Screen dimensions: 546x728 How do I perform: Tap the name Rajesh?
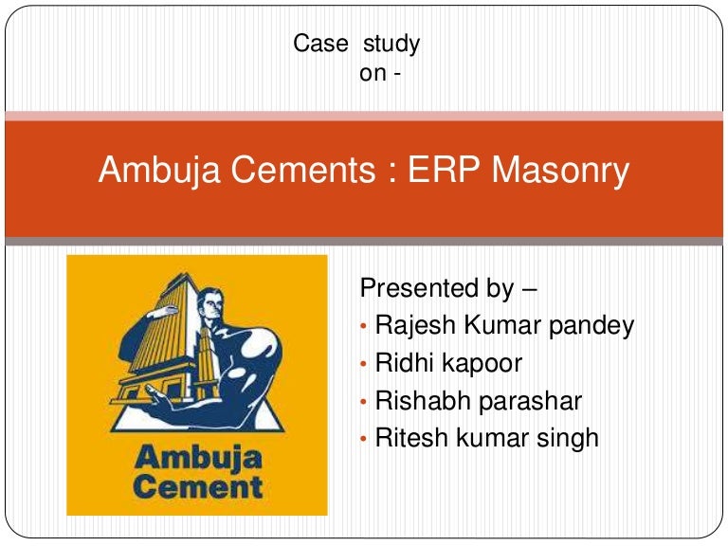click(x=417, y=325)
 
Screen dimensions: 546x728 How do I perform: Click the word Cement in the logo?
click(x=196, y=488)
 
